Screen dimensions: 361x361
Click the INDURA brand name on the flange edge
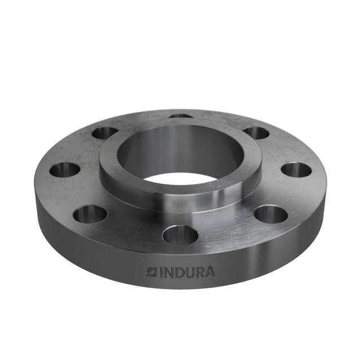[x=180, y=272]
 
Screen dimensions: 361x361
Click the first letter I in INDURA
[x=161, y=272]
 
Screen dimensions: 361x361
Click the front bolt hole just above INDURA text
[x=180, y=235]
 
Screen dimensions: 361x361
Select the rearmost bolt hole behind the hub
[x=181, y=116]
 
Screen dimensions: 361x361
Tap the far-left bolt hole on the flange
[x=64, y=169]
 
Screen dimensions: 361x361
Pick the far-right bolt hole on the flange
[x=296, y=169]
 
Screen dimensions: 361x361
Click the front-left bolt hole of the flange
[x=90, y=213]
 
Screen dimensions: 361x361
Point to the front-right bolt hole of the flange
[x=271, y=214]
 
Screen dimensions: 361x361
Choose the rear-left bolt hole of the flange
[x=105, y=133]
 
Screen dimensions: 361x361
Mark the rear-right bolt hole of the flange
[x=257, y=133]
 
